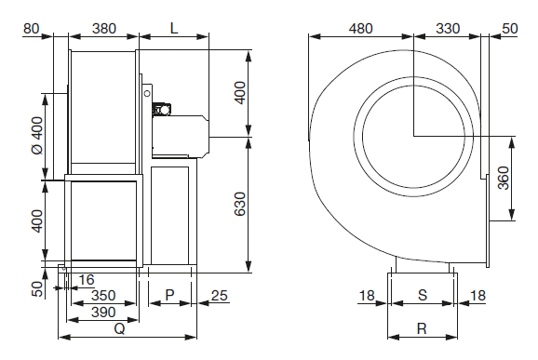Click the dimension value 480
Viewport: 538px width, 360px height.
pyautogui.click(x=360, y=29)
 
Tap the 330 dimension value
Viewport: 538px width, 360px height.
pyautogui.click(x=448, y=29)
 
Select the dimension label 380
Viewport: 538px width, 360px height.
pyautogui.click(x=104, y=29)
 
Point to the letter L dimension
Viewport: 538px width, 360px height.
pyautogui.click(x=174, y=29)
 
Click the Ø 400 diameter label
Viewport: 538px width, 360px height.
pyautogui.click(x=38, y=136)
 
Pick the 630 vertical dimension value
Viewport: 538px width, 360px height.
pyautogui.click(x=240, y=204)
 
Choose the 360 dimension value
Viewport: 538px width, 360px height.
pyautogui.click(x=504, y=178)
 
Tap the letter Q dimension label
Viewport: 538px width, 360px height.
pyautogui.click(x=119, y=328)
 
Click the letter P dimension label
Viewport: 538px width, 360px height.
pyautogui.click(x=169, y=295)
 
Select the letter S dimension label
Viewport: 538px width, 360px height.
pyautogui.click(x=423, y=295)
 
